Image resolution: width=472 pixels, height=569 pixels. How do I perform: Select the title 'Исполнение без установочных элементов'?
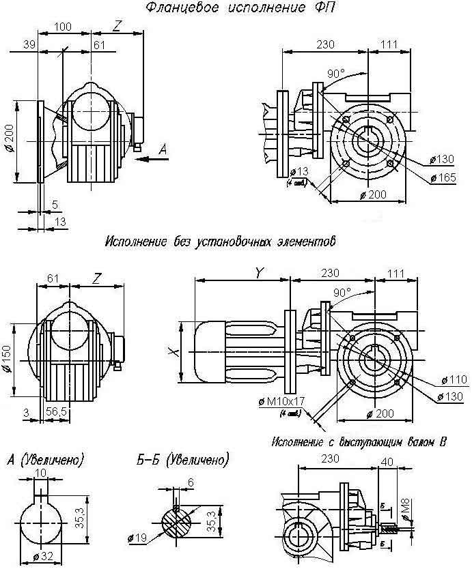click(x=221, y=242)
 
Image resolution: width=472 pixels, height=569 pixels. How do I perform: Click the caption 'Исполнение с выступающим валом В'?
click(x=358, y=441)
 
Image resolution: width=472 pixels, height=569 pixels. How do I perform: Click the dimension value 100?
click(x=63, y=27)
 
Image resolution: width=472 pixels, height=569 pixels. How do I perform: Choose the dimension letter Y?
click(x=258, y=272)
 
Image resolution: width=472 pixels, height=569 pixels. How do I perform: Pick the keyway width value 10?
click(x=40, y=472)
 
